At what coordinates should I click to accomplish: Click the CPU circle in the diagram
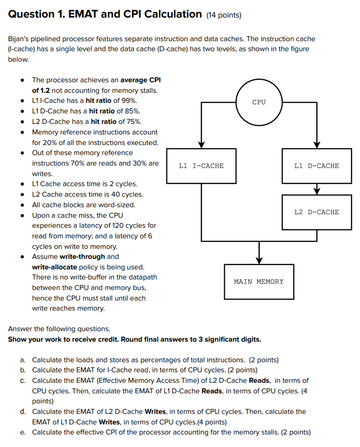[259, 102]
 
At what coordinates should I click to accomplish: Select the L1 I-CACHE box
[201, 166]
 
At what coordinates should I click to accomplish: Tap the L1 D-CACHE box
[316, 166]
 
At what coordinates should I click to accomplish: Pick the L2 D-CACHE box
[316, 212]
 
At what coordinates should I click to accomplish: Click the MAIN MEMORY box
[258, 281]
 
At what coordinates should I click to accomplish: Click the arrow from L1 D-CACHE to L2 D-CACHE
[316, 189]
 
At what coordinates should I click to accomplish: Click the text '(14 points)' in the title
[224, 15]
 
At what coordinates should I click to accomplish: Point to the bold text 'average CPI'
[140, 80]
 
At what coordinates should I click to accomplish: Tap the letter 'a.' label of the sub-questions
[23, 360]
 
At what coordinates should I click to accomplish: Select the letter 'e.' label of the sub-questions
[23, 432]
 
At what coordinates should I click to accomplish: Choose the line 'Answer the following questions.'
[59, 329]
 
